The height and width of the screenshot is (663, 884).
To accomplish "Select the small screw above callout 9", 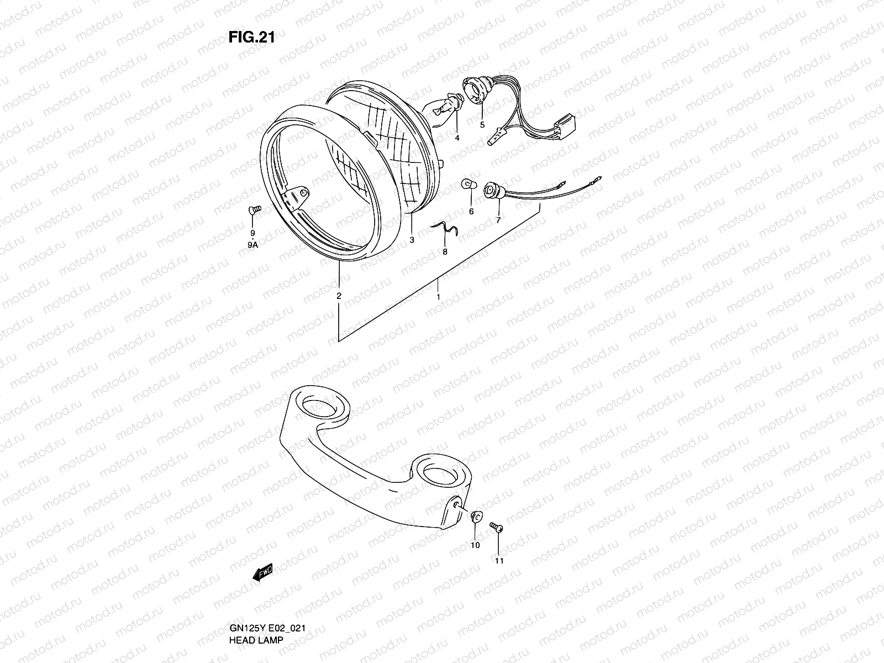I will point(253,209).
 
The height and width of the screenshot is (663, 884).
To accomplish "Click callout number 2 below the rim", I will point(339,296).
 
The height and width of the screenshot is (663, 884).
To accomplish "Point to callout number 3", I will point(412,240).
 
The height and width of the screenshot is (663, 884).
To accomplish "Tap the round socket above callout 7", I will point(490,191).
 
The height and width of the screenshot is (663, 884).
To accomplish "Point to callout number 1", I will point(438,297).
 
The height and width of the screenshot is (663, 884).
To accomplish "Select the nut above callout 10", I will point(473,517).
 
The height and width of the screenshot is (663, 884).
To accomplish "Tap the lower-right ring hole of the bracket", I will point(439,473).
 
